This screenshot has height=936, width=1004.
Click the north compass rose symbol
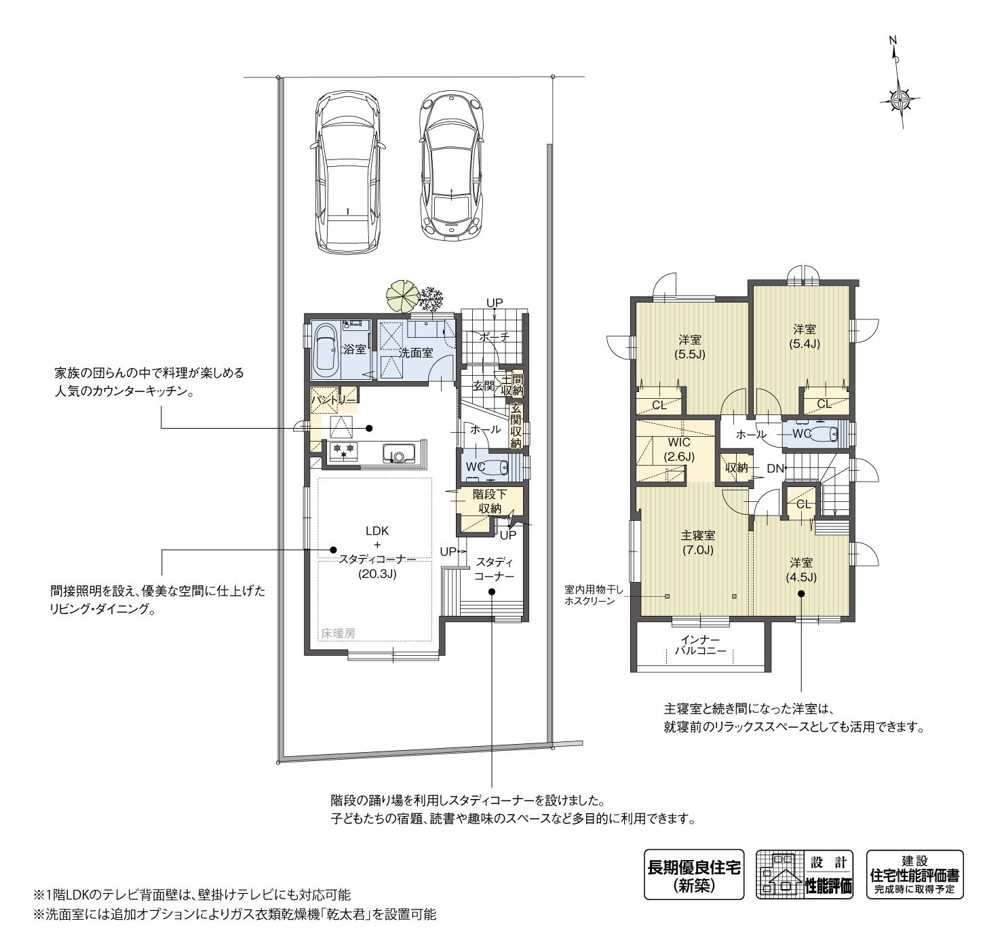[x=900, y=100]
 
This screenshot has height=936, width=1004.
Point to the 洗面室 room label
[x=415, y=353]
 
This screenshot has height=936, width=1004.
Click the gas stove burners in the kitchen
[x=343, y=450]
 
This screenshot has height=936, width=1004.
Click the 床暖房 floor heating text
[x=338, y=633]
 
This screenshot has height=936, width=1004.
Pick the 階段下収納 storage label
[x=490, y=502]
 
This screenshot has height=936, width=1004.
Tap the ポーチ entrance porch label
[x=494, y=336]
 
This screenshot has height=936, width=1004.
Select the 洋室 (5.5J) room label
[x=690, y=347]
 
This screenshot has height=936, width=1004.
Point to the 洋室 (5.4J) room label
[x=804, y=336]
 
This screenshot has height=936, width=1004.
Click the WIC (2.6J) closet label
[x=678, y=450]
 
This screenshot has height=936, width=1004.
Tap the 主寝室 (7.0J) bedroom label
[x=698, y=543]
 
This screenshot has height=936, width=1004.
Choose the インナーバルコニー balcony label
[x=700, y=645]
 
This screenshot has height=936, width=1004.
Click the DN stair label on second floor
[x=775, y=469]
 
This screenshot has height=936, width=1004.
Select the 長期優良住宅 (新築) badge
[x=693, y=874]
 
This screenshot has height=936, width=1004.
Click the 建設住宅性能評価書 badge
[x=914, y=874]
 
